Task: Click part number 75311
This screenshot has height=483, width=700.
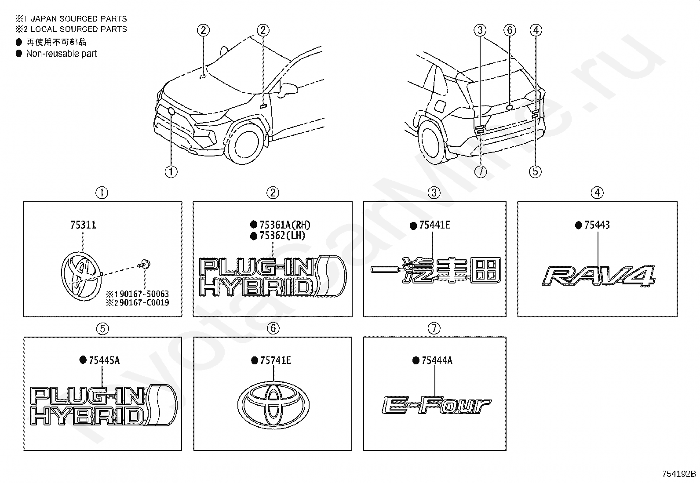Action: (x=83, y=225)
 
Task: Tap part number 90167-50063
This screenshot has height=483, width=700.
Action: (x=144, y=294)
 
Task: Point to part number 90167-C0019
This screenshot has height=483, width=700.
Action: (x=144, y=302)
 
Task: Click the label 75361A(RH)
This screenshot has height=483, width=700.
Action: (x=284, y=225)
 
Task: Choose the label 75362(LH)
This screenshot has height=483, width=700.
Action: (x=282, y=236)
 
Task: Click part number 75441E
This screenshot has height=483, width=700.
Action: (x=434, y=225)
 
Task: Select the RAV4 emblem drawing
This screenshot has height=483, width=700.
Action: (x=598, y=276)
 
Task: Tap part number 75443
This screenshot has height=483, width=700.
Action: (x=597, y=225)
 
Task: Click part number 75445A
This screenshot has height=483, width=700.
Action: (x=104, y=360)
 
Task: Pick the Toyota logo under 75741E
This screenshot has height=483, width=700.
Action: (x=273, y=405)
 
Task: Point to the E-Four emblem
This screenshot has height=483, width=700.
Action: (x=437, y=405)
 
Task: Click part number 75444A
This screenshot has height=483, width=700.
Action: (x=437, y=360)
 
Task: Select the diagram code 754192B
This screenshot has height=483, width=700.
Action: (x=679, y=474)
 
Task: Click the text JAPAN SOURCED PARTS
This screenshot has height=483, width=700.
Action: (x=79, y=19)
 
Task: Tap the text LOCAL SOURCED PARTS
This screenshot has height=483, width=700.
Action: (x=79, y=29)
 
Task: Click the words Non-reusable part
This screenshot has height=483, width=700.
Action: (x=62, y=54)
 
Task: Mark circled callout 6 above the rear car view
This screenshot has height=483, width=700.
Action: (x=510, y=30)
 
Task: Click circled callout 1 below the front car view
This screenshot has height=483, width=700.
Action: (x=171, y=171)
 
